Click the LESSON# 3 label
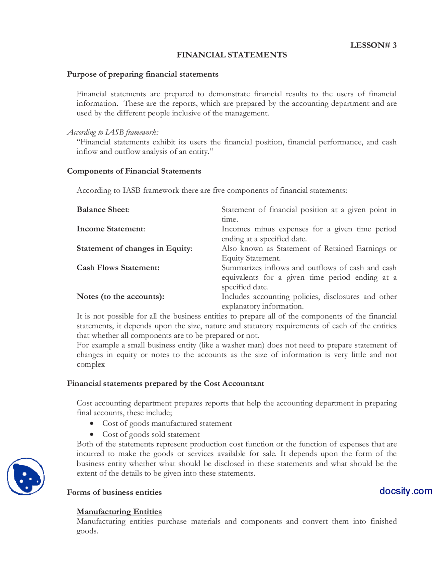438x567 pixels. tap(373, 45)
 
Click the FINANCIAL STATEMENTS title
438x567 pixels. tap(232, 55)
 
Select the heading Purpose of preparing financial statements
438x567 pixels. tap(142, 74)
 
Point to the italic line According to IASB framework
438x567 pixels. tap(113, 132)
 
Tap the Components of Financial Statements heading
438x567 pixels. tap(134, 171)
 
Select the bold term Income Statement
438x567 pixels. tap(110, 229)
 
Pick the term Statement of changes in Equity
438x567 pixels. tap(134, 248)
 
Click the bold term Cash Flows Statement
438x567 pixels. tap(118, 267)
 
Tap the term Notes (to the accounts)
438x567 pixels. tap(120, 297)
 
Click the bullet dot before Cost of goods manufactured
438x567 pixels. tap(92, 424)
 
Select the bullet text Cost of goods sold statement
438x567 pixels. tap(151, 434)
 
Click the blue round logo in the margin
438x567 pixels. tap(26, 476)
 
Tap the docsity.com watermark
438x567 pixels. tap(405, 491)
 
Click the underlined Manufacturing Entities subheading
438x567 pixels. tap(119, 511)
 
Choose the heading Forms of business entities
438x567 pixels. tap(114, 492)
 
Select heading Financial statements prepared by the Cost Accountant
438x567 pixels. tap(165, 383)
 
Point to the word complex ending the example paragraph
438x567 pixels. tap(90, 364)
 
